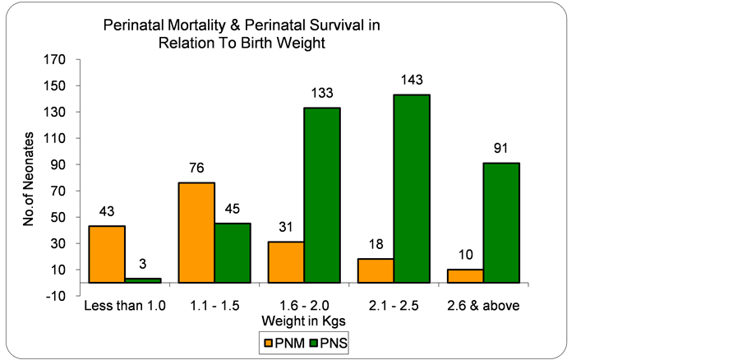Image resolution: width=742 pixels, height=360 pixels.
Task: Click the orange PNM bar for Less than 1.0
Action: click(x=107, y=254)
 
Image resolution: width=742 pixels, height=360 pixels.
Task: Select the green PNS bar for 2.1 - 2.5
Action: click(x=412, y=188)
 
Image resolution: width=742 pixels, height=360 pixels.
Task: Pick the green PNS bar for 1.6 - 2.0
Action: click(x=322, y=195)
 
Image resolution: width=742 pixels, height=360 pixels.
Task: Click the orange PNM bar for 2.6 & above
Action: click(x=465, y=275)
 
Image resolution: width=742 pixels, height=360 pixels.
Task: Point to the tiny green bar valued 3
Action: click(x=142, y=280)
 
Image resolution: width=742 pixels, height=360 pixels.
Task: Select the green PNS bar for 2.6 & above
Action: click(x=501, y=222)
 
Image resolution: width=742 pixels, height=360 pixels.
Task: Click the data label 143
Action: click(x=412, y=81)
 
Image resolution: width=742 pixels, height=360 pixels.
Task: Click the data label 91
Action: click(x=501, y=150)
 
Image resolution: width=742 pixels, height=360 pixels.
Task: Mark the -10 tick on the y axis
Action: click(x=55, y=297)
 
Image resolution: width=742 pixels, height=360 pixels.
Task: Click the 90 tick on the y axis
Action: click(x=58, y=165)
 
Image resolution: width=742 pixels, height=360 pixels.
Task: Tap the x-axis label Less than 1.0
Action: click(x=125, y=307)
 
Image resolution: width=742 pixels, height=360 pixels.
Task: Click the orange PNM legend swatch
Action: click(x=267, y=340)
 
